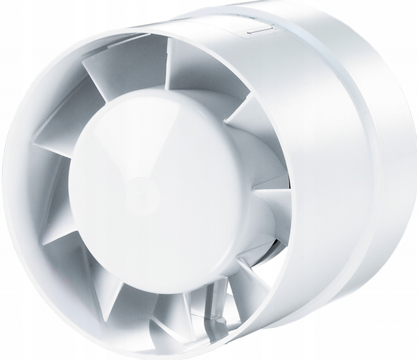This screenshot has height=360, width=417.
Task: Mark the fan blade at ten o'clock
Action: coord(61,126)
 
